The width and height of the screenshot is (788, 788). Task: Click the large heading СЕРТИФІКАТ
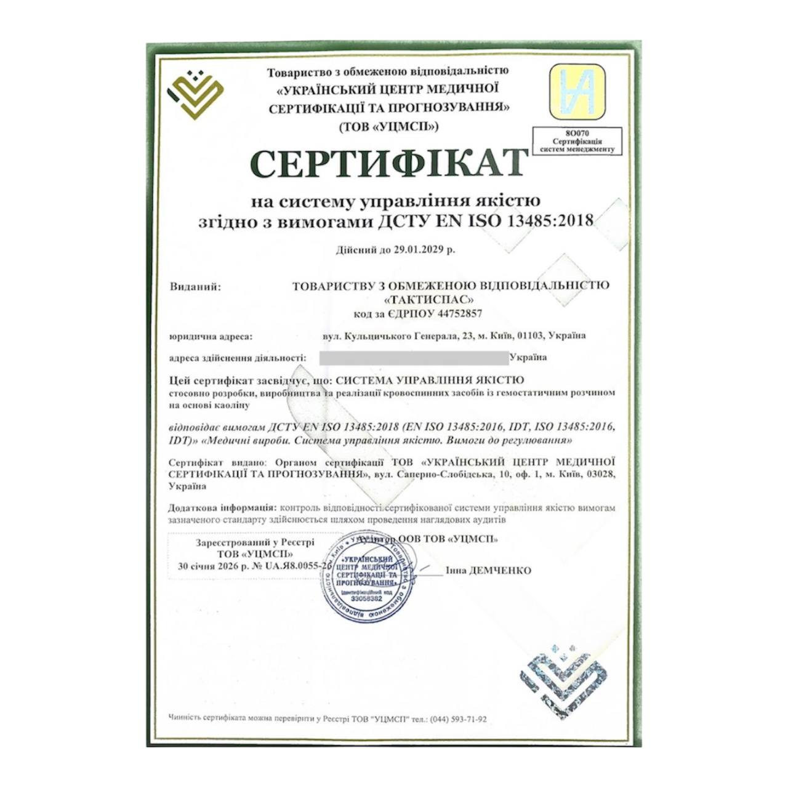389,163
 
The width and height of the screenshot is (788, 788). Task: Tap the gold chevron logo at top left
196,93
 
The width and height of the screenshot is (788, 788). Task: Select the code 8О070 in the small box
577,133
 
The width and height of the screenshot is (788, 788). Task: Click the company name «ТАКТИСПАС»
429,300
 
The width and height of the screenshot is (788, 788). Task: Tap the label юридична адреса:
211,336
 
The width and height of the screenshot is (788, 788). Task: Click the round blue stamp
367,577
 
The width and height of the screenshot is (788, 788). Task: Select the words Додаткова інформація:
222,508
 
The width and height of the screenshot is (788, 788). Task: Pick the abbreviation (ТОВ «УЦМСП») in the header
388,127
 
